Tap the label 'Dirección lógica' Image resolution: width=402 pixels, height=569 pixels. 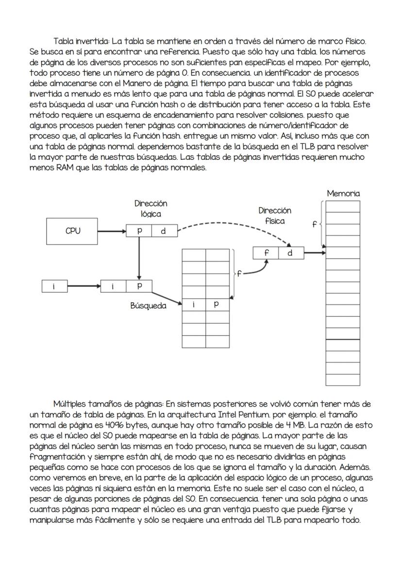(151, 208)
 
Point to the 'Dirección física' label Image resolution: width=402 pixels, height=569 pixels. (275, 216)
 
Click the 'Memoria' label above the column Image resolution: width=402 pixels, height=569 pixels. (343, 193)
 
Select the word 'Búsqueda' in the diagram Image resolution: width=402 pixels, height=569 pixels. (148, 306)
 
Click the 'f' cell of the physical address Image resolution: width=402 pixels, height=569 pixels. (266, 253)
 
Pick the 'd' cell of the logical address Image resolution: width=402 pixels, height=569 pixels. (163, 231)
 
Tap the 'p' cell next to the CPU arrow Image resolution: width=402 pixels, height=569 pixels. (139, 231)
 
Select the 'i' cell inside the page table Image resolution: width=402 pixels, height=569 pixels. (194, 305)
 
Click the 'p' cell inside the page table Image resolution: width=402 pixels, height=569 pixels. (217, 305)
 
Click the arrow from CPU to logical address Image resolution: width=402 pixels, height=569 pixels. (111, 231)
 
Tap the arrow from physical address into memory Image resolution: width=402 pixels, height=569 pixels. (314, 253)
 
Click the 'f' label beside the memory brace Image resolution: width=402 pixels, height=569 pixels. (314, 225)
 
